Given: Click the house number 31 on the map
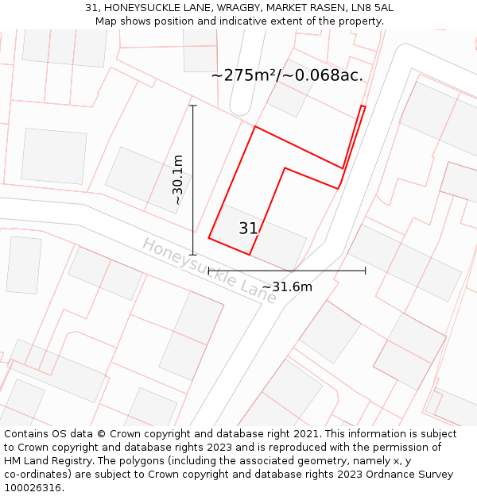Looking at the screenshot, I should (x=248, y=229).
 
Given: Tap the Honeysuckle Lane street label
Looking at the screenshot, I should (x=209, y=271).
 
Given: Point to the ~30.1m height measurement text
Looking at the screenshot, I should (x=178, y=180).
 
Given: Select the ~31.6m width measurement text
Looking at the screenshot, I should (x=287, y=286).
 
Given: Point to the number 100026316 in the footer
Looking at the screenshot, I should (x=33, y=487).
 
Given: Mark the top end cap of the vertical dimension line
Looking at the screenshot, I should (x=193, y=106).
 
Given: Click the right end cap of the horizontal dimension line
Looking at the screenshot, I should (x=365, y=271).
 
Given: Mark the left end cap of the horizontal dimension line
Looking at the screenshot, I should (x=208, y=271).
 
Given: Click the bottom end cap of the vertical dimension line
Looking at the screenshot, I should (x=193, y=255).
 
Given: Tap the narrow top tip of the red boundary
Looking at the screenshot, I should (x=363, y=106).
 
